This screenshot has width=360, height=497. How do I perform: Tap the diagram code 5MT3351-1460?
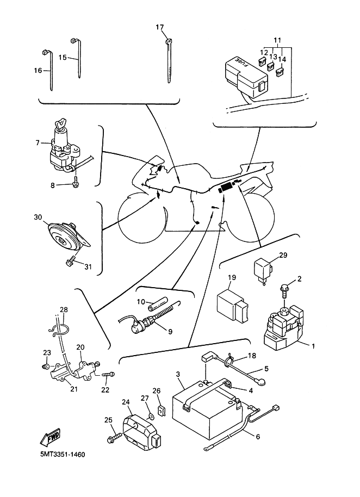click(62, 454)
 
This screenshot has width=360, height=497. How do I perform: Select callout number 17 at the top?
click(159, 27)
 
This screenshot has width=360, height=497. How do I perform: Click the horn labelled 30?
click(64, 234)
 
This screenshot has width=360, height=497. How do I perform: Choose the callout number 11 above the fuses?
click(277, 41)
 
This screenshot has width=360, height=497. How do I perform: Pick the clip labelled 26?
click(162, 409)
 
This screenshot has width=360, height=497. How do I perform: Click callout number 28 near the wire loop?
click(64, 309)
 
